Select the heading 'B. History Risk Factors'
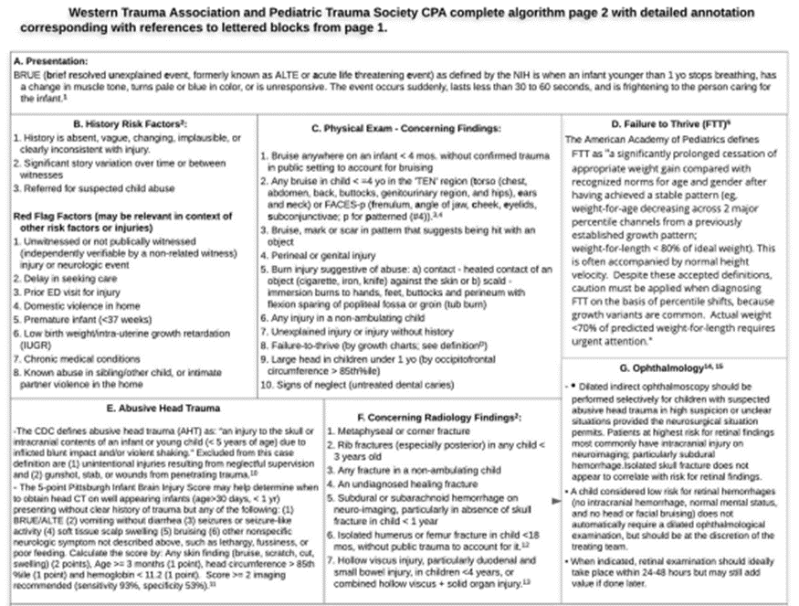pyautogui.click(x=130, y=122)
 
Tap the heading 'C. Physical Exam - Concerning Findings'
pyautogui.click(x=403, y=128)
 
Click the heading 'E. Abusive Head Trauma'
pyautogui.click(x=136, y=408)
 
